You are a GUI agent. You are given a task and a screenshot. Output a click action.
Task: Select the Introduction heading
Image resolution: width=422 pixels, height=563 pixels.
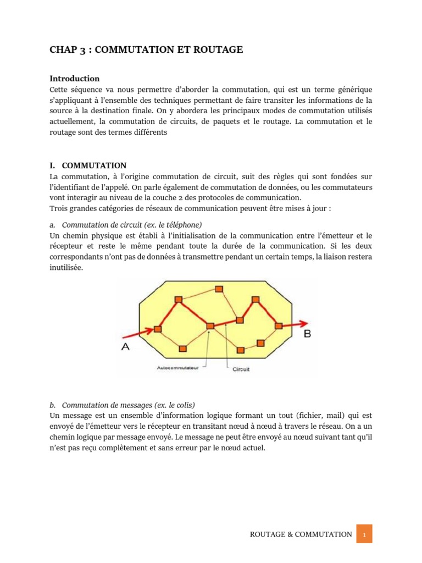74,79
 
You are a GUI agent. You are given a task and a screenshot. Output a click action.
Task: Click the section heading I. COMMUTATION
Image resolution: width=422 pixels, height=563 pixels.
88,165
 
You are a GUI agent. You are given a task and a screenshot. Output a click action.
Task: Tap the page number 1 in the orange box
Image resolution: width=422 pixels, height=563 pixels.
364,534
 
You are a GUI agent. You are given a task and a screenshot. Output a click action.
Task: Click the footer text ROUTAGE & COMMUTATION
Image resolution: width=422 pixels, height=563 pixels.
301,534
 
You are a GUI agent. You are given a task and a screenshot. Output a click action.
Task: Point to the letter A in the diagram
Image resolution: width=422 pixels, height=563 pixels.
125,347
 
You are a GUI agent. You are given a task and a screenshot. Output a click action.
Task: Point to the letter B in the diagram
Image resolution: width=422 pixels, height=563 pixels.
307,333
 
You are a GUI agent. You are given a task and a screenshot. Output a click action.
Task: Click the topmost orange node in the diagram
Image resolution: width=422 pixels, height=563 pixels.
219,289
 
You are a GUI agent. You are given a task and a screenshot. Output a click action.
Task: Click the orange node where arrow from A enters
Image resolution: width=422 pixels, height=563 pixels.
158,329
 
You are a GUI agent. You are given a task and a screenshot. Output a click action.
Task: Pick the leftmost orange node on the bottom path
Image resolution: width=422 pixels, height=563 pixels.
182,347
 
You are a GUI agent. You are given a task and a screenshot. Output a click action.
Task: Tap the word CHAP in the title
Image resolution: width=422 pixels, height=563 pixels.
63,50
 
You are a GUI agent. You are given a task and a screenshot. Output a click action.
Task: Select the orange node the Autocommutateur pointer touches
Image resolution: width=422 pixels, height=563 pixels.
210,327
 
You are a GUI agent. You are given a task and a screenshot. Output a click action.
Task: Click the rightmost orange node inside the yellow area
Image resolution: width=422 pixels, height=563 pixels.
278,326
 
